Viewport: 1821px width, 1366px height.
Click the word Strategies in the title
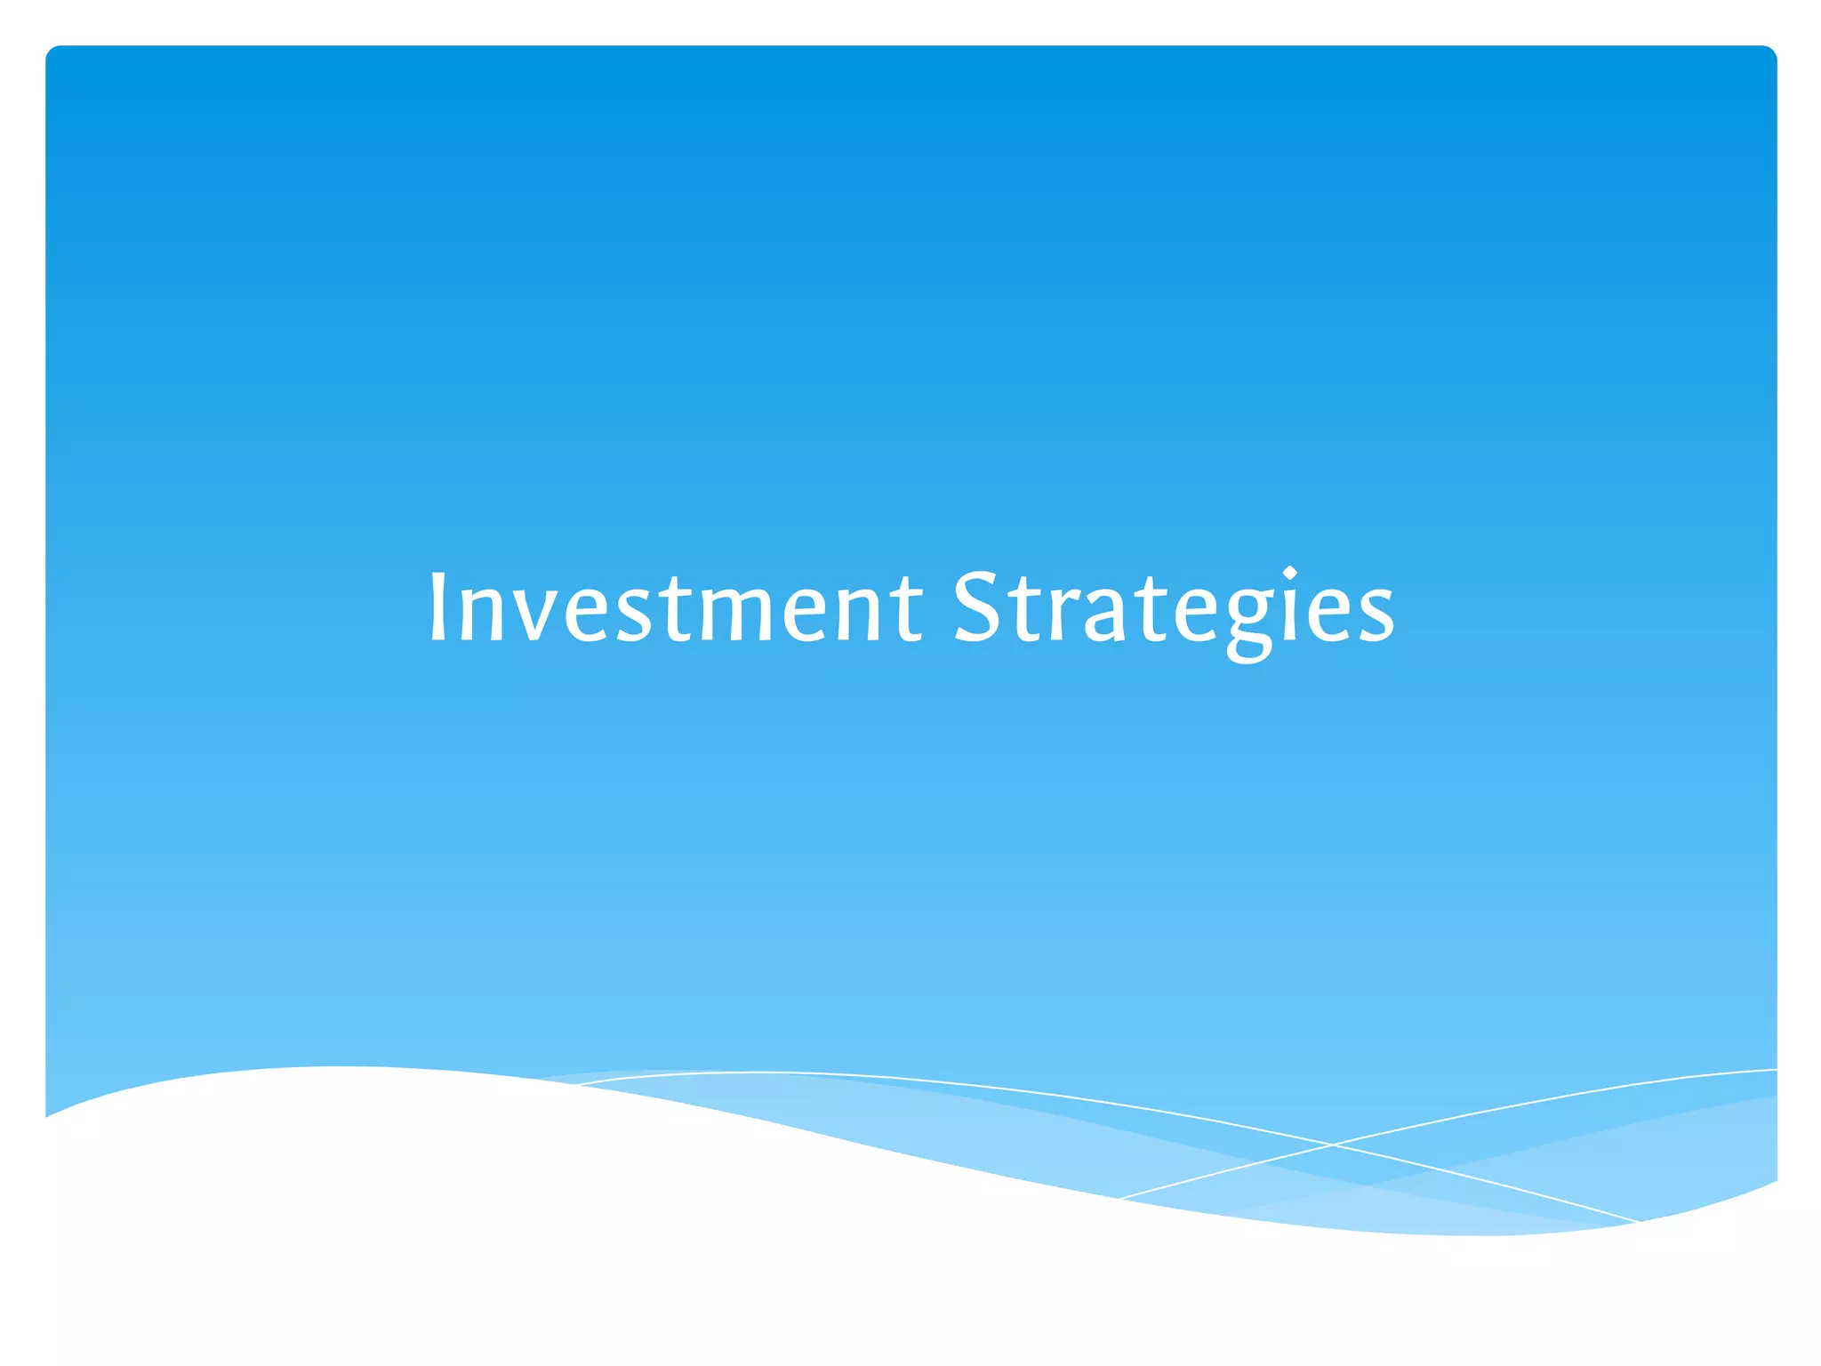1174,607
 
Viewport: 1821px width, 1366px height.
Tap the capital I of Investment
437,607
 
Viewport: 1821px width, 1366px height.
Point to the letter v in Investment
533,614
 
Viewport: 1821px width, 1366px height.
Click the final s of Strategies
1375,614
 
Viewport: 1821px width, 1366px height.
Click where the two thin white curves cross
1332,1145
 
